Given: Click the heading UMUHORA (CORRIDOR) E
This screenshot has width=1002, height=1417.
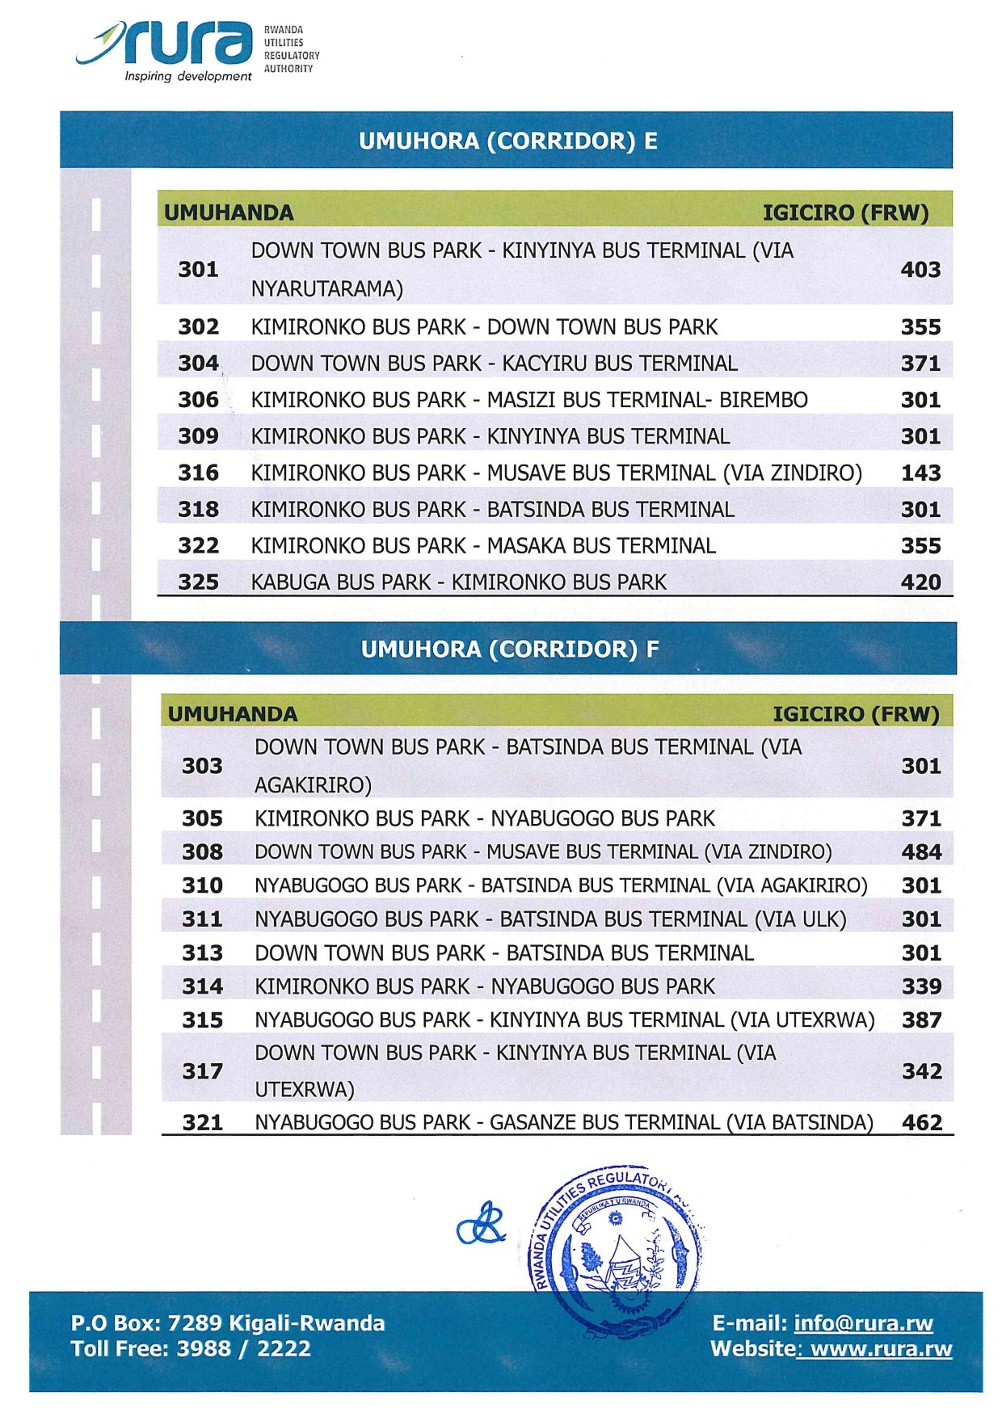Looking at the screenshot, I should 507,141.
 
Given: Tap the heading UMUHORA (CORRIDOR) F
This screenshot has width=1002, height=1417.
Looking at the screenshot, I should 509,649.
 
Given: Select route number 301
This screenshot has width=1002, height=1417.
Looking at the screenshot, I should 198,269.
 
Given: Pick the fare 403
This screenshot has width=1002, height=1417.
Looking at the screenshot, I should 920,269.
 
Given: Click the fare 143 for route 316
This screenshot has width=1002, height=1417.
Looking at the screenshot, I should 920,473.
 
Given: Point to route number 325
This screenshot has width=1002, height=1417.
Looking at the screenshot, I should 198,582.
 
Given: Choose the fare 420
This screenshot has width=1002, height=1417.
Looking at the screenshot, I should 920,582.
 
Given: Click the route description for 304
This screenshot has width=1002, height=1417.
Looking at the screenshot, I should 494,364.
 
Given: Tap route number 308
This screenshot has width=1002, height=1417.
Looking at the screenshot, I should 202,851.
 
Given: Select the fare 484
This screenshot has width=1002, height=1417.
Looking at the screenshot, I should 921,851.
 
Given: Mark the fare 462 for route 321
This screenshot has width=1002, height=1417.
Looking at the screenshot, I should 921,1122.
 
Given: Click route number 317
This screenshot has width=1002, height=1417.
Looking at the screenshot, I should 202,1071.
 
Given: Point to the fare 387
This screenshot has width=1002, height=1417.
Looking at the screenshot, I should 921,1020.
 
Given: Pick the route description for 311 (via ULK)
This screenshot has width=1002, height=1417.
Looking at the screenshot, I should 550,919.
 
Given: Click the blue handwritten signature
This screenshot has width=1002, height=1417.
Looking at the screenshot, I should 482,1225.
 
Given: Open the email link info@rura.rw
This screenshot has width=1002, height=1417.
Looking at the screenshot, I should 863,1323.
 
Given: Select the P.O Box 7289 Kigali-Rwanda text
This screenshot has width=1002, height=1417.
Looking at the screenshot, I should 228,1323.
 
